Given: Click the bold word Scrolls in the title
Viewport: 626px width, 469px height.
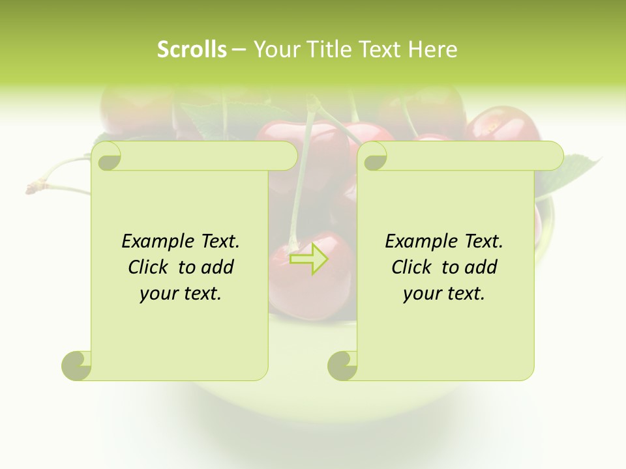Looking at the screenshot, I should [x=192, y=50].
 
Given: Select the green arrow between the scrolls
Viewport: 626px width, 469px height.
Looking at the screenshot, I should [x=308, y=259].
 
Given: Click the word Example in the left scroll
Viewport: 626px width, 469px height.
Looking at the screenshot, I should [x=157, y=242].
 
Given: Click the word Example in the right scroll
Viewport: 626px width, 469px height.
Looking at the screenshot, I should [x=421, y=242].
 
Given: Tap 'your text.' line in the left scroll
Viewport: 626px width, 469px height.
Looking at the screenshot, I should [x=181, y=294].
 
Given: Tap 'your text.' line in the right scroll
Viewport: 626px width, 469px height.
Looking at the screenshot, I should [x=444, y=294].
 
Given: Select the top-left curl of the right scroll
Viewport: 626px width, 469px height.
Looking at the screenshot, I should [x=373, y=156].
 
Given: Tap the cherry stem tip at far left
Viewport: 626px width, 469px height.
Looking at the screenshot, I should [x=30, y=189].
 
